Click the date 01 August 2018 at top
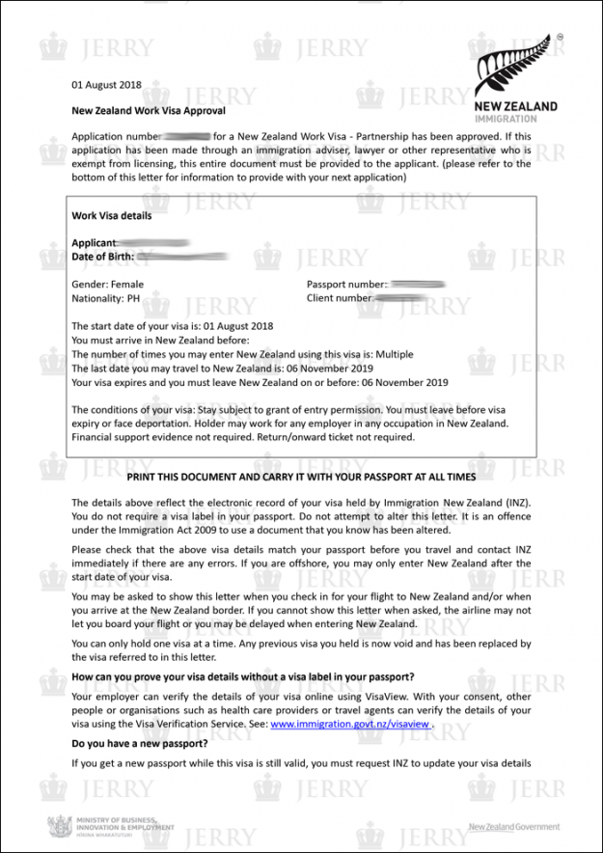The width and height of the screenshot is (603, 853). (106, 85)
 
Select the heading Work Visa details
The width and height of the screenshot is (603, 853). (111, 216)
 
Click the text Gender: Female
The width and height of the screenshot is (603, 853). (108, 285)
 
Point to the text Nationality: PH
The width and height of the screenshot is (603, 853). (106, 299)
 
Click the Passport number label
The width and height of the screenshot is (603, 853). (345, 285)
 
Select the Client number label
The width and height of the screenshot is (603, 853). (339, 299)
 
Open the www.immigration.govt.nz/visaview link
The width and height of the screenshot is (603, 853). (349, 723)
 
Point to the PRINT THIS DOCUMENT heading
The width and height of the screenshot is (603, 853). (301, 477)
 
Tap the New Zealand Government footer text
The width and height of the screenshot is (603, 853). (513, 827)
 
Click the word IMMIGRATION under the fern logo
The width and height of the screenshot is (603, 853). (507, 119)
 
